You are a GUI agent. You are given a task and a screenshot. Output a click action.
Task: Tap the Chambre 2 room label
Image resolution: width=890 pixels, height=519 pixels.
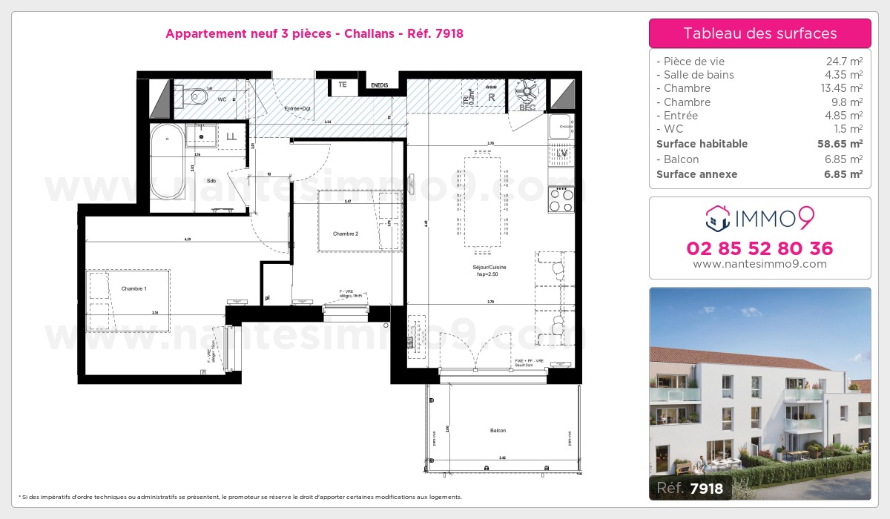click(x=345, y=234)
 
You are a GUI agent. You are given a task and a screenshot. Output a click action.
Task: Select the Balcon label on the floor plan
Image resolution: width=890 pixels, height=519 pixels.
click(x=498, y=431)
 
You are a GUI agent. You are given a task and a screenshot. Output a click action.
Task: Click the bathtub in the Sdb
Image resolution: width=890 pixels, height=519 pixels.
click(x=167, y=162)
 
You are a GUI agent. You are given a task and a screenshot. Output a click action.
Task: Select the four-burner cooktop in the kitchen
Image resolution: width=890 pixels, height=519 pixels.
click(x=561, y=198)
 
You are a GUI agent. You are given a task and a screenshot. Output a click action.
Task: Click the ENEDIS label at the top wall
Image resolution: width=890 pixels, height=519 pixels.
click(x=380, y=85)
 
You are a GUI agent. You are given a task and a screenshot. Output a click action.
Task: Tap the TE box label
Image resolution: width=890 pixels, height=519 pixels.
click(x=342, y=85)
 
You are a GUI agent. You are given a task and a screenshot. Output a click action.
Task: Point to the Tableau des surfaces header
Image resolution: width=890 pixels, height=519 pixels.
click(x=759, y=33)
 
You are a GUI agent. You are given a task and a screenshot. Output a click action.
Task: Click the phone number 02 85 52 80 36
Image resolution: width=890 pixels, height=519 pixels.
click(x=759, y=248)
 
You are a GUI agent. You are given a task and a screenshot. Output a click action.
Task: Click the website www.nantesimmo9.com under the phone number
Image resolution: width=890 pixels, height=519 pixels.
click(x=759, y=264)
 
